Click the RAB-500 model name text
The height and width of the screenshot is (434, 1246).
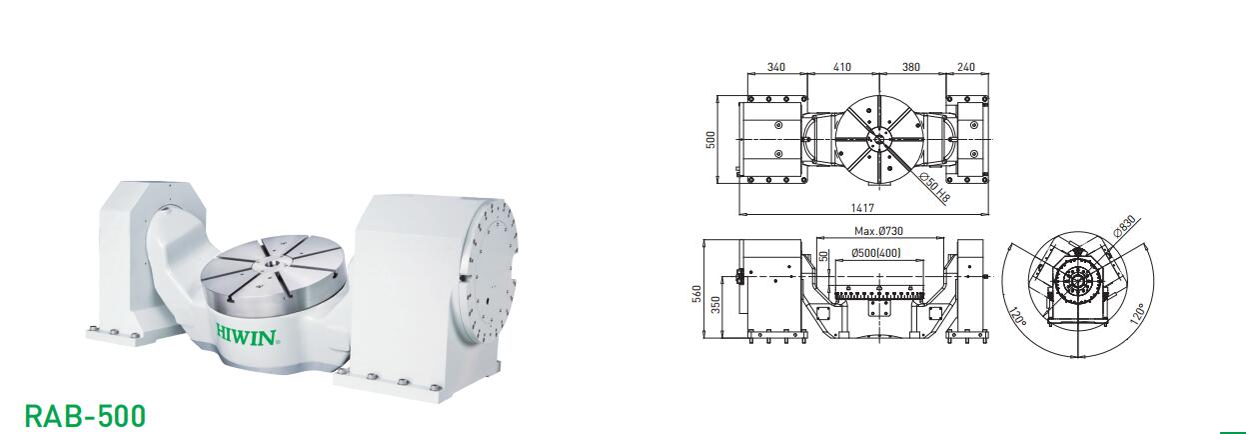click(x=85, y=416)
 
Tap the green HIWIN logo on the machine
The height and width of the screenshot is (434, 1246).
click(x=246, y=336)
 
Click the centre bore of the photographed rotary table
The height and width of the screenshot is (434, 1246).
click(x=272, y=261)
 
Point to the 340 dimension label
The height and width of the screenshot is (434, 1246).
click(x=776, y=67)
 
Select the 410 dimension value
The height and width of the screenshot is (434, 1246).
click(x=842, y=67)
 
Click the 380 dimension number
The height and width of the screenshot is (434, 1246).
click(x=910, y=67)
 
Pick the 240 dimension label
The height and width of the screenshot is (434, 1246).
click(x=965, y=67)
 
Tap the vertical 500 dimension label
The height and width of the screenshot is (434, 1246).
click(x=710, y=139)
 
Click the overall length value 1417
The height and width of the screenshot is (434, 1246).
click(x=862, y=208)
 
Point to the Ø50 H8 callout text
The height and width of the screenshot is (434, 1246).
click(x=935, y=188)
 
